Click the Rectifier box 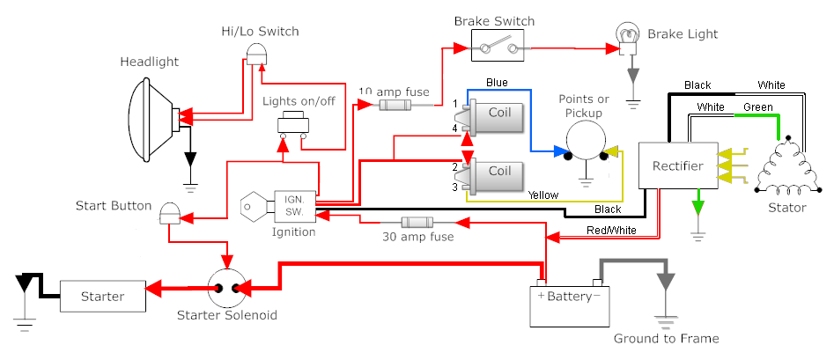678,165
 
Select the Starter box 103,297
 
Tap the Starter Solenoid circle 227,288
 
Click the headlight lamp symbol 154,119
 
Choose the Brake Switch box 498,45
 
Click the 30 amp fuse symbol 417,222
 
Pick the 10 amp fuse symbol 395,106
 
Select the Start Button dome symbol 170,212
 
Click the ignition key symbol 257,205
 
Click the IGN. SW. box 295,206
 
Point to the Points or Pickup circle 587,142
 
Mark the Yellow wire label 543,195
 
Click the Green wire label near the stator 758,107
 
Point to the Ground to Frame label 667,339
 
